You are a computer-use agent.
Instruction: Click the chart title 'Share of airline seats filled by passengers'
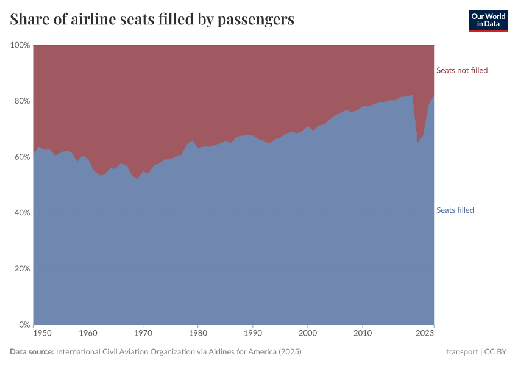tap(152, 20)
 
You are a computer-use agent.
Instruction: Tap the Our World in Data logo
tap(488, 20)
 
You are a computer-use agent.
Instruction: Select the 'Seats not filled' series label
tap(462, 70)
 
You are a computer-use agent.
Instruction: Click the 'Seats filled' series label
tap(455, 210)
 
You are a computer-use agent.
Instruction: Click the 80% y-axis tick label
tap(21, 101)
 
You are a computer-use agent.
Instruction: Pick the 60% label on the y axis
tap(21, 157)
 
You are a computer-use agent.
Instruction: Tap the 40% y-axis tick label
tap(21, 213)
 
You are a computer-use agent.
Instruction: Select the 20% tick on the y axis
tap(21, 268)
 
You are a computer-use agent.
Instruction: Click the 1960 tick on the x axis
tap(88, 334)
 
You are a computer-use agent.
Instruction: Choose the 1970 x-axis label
tap(143, 334)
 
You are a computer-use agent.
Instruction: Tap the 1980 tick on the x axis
tap(198, 334)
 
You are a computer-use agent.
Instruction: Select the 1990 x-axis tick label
tap(253, 334)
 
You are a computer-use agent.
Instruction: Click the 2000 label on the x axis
tap(308, 334)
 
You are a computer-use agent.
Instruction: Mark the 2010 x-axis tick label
tap(363, 334)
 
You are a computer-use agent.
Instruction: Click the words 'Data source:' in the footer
tap(32, 352)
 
